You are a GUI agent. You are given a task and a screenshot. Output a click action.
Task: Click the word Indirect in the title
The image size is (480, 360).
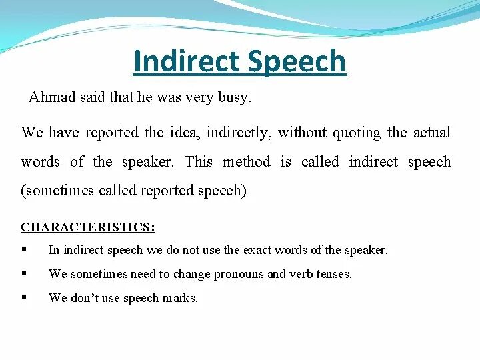pos(186,61)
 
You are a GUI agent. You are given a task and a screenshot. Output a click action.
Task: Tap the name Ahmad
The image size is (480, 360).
pos(51,98)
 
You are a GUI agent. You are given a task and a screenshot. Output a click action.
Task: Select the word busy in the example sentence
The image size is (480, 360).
pos(236,99)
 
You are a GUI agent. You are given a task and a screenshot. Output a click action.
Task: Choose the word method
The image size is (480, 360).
pos(246,161)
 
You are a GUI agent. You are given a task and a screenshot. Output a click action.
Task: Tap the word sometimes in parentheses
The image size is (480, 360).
pos(59,191)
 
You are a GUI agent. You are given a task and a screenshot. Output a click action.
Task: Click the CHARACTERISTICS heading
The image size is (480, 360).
pos(87,227)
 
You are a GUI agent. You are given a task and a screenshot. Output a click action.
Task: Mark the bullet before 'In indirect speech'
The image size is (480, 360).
pos(24,251)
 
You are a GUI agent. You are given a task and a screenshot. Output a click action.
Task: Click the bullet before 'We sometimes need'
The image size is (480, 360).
pos(24,274)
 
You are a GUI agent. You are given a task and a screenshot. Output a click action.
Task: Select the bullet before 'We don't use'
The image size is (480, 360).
pos(24,298)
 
